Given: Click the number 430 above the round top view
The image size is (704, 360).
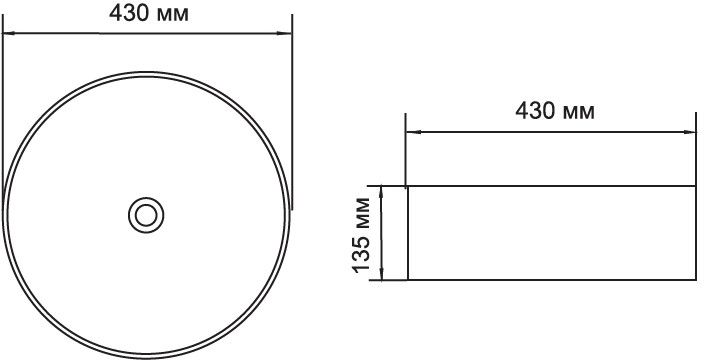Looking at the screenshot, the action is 129,13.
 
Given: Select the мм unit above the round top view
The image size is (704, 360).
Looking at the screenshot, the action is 172,16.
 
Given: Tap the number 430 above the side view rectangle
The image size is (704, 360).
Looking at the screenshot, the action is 535,111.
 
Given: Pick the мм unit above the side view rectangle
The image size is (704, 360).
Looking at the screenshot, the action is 579,114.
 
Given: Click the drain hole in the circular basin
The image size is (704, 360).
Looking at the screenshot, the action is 146,215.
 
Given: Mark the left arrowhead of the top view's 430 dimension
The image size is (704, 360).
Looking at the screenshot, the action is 9,33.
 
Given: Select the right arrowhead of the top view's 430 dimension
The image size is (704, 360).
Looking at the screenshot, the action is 285,33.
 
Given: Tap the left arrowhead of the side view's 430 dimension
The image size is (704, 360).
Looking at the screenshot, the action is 413,132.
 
